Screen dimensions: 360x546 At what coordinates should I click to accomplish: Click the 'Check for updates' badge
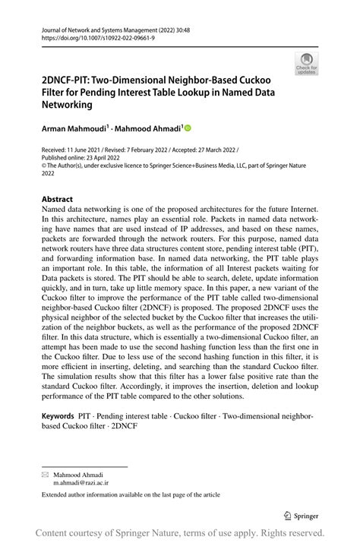306,64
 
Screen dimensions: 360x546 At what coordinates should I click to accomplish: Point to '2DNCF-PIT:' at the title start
69,79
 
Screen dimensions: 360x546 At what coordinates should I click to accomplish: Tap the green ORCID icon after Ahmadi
187,129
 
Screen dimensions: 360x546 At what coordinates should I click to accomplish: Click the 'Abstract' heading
57,199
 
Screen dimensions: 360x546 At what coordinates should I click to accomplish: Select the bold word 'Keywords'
58,416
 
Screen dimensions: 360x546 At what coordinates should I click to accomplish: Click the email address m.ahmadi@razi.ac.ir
80,481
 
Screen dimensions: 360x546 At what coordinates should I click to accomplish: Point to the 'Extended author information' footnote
131,494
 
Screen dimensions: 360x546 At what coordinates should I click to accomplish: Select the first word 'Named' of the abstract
55,209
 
